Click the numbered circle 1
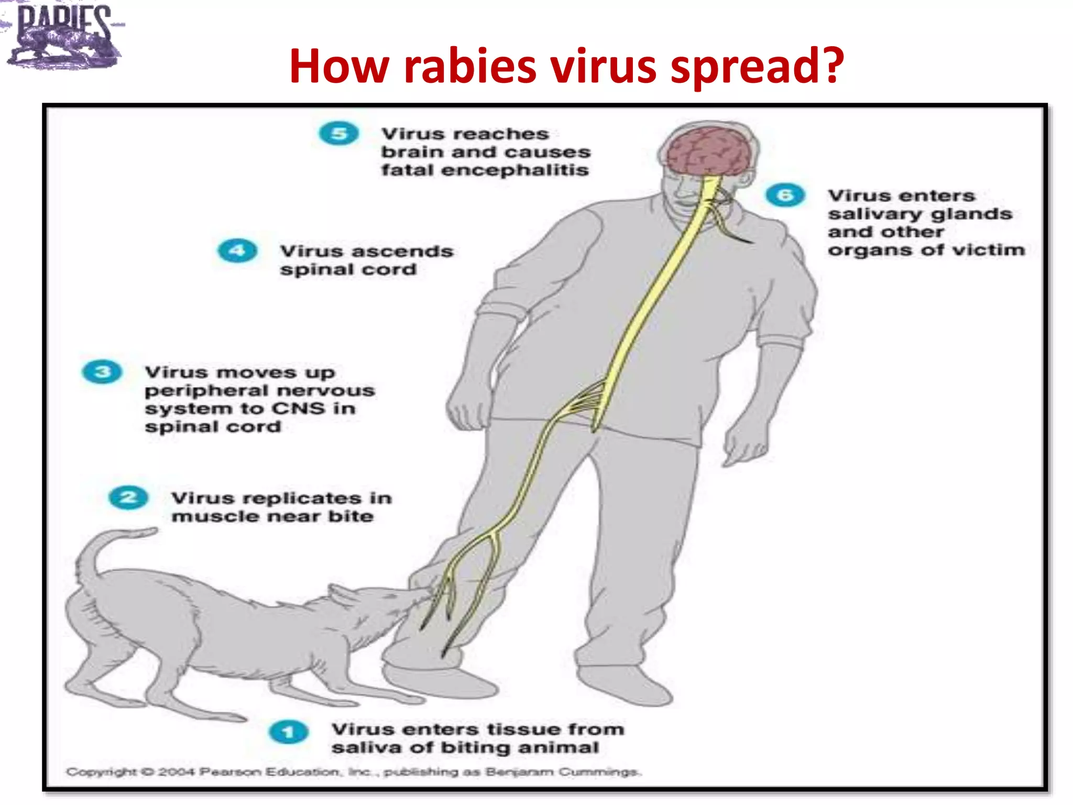tap(288, 732)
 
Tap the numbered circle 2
tap(128, 497)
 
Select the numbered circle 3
tap(102, 372)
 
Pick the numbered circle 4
tap(237, 251)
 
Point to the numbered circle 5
tap(339, 134)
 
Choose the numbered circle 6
tap(785, 195)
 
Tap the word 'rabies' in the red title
tap(470, 67)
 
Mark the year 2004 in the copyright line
tap(176, 772)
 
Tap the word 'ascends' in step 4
tap(402, 252)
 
